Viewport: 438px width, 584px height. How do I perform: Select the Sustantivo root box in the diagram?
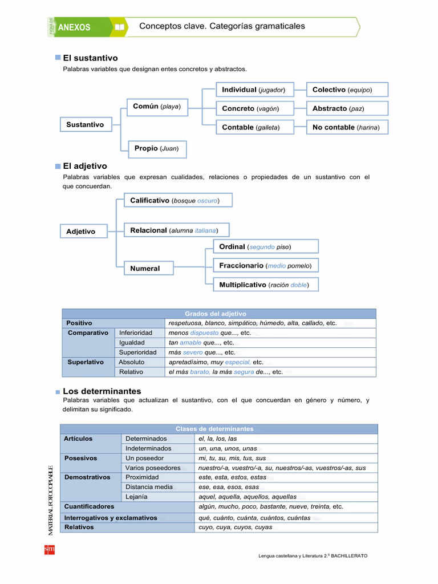(85, 124)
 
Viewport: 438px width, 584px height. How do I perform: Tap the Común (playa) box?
(157, 107)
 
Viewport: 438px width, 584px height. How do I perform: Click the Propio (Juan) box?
(156, 148)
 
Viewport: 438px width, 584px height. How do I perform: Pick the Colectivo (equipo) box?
(347, 90)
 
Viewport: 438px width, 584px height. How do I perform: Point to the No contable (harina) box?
(347, 127)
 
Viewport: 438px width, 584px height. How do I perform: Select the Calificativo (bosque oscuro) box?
(174, 201)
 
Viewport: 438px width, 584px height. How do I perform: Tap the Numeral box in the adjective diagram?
(148, 268)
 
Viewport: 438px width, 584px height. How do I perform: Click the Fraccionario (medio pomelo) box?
(265, 266)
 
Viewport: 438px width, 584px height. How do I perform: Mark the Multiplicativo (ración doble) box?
(265, 285)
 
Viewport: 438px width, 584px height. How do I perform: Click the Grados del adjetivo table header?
(218, 314)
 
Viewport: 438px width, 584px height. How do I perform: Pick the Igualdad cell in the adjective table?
(132, 343)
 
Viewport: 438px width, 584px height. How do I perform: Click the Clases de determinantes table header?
(218, 429)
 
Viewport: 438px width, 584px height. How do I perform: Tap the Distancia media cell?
(149, 487)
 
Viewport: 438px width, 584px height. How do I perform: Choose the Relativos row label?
(79, 527)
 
